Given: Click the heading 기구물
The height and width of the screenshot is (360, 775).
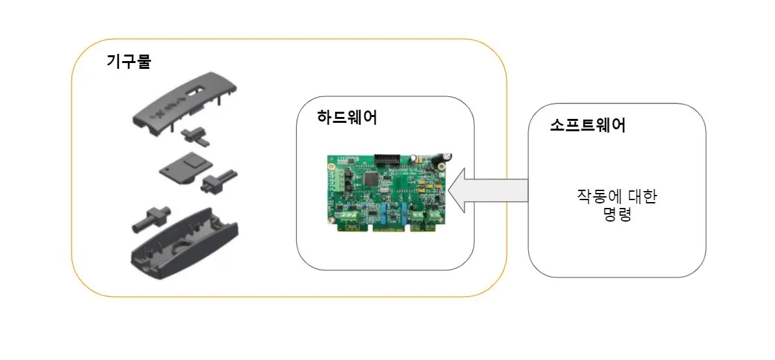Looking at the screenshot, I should (x=128, y=62).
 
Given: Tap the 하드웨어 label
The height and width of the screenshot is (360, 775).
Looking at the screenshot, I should (x=347, y=118).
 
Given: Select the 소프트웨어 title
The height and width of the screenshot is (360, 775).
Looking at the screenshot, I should (x=587, y=125).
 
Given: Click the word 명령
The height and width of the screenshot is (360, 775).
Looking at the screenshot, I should (x=616, y=214).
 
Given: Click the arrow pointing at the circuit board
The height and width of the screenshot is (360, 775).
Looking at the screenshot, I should (x=487, y=190).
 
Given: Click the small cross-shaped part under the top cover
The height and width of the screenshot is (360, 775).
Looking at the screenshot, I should (x=193, y=136).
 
